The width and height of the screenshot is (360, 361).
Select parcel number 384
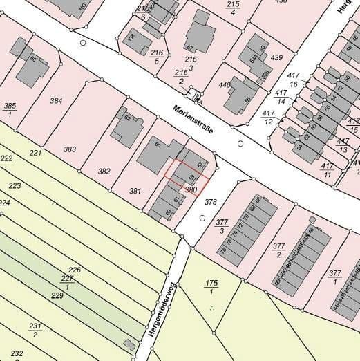coord(56,100)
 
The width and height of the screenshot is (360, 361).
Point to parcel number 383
coord(70,149)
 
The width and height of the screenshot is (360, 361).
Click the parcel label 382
coord(104,171)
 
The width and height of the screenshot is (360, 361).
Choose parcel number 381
coord(135,191)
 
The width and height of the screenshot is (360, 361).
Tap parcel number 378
coord(211,202)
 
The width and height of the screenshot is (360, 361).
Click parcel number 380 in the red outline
coord(191,189)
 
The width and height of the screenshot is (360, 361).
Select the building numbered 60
coord(158,145)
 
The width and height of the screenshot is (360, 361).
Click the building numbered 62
coord(126,118)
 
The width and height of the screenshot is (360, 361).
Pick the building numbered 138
coord(131,38)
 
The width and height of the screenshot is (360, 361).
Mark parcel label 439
coord(277,57)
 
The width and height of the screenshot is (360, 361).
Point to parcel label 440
coord(225,85)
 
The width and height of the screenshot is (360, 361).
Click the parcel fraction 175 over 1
coord(211,288)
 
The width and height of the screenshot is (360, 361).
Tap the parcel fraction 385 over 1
coord(9,109)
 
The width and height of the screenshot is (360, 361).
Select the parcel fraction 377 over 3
coord(222,225)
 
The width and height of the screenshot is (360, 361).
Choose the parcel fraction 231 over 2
coord(35,330)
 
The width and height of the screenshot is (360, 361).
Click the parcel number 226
coord(75,270)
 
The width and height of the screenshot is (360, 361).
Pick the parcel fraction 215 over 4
coord(232,8)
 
